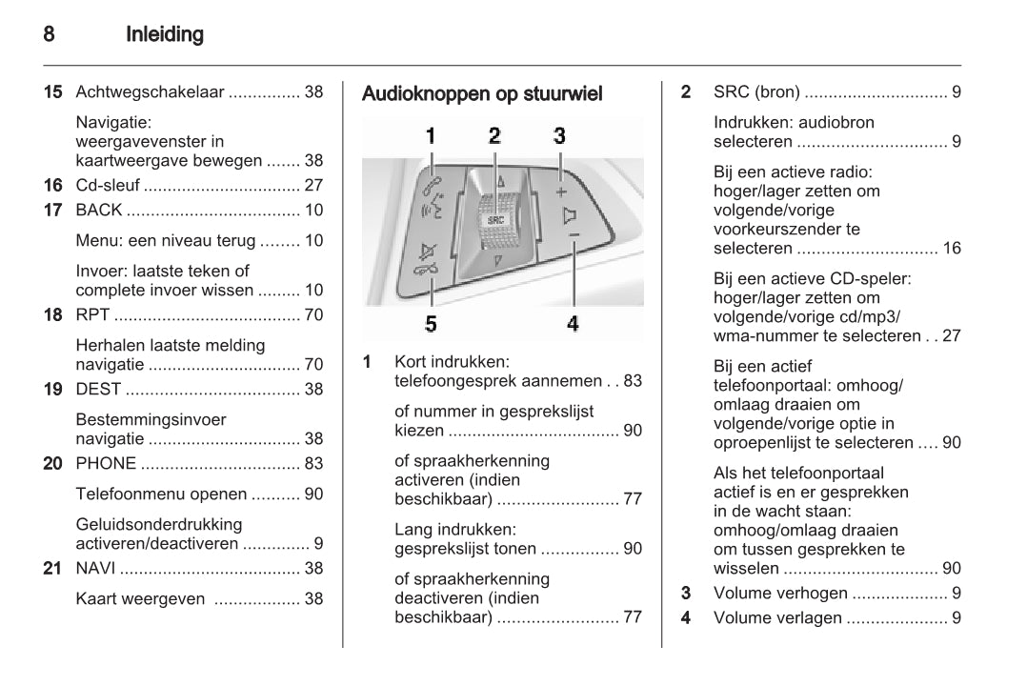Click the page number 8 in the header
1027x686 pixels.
(48, 35)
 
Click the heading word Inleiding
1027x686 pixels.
(165, 35)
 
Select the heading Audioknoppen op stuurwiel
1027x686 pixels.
(482, 94)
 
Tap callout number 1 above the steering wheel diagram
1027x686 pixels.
(430, 135)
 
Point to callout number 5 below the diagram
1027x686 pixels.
(431, 324)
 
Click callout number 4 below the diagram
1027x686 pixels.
(573, 324)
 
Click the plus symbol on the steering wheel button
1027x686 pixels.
(561, 191)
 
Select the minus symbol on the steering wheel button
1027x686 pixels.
(574, 233)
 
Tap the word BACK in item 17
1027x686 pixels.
(99, 210)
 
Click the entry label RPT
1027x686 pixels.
(92, 314)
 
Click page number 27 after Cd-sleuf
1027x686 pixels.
(313, 185)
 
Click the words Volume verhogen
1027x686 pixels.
(780, 593)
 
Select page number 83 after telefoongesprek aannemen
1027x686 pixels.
(633, 381)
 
